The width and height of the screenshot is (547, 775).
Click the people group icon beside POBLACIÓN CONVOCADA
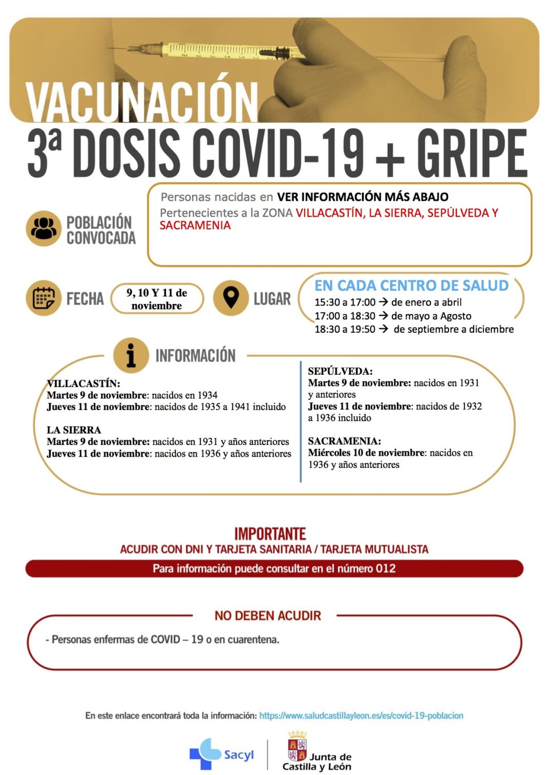[x=44, y=229]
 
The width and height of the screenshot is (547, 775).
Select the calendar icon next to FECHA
[x=44, y=298]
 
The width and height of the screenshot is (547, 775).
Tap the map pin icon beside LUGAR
[x=230, y=297]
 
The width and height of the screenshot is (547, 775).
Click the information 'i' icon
[x=131, y=355]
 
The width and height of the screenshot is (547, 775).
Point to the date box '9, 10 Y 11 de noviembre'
[x=157, y=299]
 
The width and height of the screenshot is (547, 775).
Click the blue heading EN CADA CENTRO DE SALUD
[x=411, y=285]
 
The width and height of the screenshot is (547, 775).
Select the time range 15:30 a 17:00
[x=345, y=302]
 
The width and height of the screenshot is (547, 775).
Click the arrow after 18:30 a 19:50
[x=383, y=329]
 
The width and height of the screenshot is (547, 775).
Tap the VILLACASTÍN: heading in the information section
[x=83, y=383]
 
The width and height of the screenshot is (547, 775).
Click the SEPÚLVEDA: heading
[x=340, y=371]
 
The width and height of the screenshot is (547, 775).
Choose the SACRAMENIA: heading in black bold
[x=344, y=441]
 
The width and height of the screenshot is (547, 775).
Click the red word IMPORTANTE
[x=270, y=534]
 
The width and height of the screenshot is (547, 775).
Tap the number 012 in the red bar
[x=386, y=568]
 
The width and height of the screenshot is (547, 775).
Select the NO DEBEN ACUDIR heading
[x=267, y=616]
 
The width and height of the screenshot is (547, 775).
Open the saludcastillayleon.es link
[x=361, y=716]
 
